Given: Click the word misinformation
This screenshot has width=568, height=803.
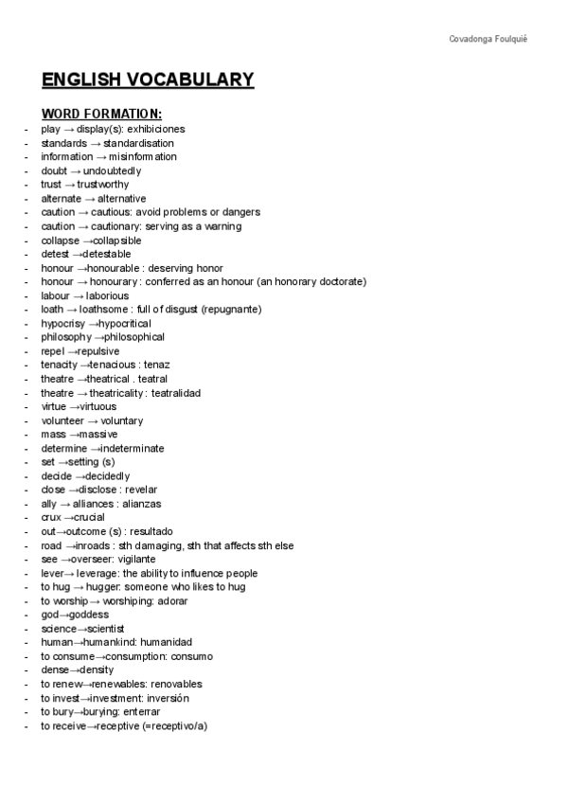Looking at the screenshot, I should (143, 157).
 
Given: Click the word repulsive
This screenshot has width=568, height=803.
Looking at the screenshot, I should (105, 351).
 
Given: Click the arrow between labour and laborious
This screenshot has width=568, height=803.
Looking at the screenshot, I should (78, 295).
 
